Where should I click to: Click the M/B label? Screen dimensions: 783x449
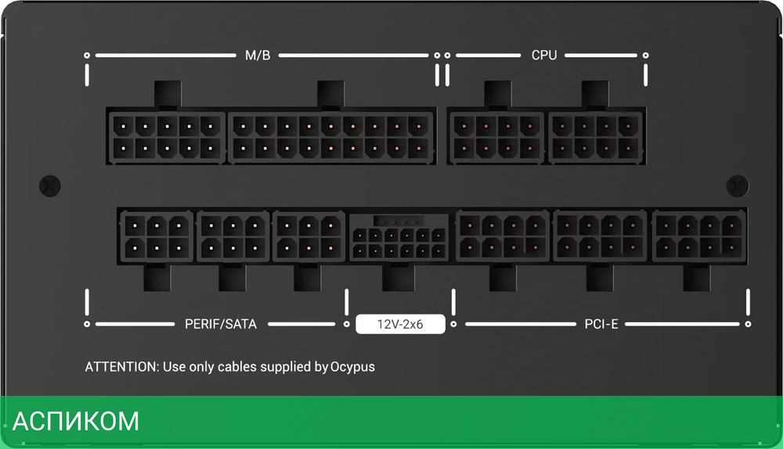click(258, 56)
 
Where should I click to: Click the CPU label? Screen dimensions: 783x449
click(544, 56)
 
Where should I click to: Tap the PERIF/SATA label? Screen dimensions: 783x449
click(221, 323)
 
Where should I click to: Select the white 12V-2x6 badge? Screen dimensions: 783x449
click(400, 324)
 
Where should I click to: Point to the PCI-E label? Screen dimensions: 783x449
click(601, 323)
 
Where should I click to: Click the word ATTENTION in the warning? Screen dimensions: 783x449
click(121, 366)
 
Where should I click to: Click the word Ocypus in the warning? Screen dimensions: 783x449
click(352, 366)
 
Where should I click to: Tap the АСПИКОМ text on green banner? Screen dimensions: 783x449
click(76, 422)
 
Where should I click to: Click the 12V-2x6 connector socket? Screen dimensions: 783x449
click(399, 237)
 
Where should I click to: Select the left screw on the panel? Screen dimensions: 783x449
click(49, 185)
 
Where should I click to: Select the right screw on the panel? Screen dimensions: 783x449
click(737, 185)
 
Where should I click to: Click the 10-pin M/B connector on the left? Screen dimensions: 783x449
click(166, 136)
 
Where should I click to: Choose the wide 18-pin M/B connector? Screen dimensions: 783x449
click(331, 136)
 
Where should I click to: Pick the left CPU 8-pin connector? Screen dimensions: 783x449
click(496, 136)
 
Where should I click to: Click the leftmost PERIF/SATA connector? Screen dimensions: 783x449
click(156, 236)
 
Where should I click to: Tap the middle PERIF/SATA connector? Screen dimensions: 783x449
click(233, 236)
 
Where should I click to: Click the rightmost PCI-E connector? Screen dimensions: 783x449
click(698, 236)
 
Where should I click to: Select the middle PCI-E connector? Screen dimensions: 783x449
click(601, 236)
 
